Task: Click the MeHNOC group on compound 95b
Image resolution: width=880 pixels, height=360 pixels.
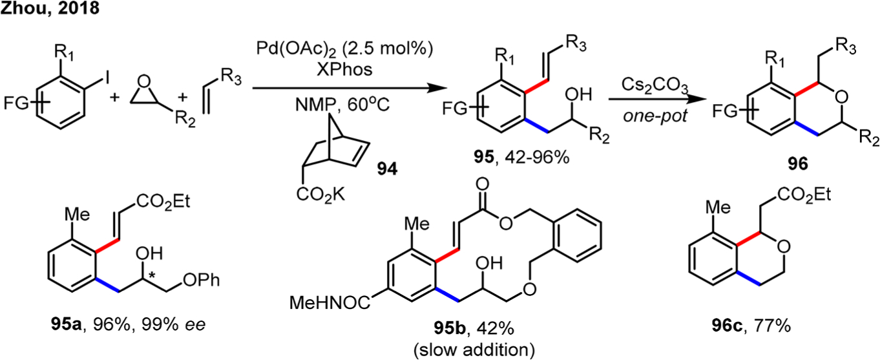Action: [x=327, y=301]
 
